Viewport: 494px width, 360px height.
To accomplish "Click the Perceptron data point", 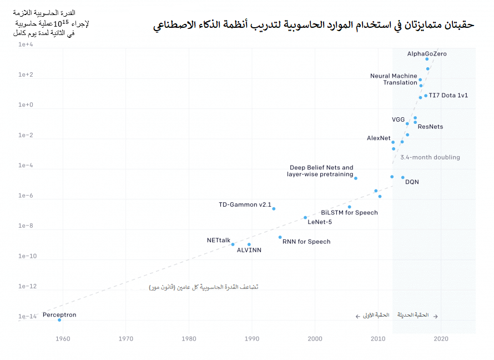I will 59,320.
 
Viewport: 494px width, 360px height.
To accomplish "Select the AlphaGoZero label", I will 427,54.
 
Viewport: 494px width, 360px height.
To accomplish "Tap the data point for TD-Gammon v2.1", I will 274,209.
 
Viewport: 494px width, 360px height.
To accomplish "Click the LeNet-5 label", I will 320,222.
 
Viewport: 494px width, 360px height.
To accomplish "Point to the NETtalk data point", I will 233,244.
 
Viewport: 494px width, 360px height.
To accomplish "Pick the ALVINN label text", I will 249,251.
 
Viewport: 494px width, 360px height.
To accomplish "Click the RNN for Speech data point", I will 280,237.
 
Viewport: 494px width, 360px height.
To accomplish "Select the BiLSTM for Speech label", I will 349,213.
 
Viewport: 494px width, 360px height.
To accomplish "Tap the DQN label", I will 412,182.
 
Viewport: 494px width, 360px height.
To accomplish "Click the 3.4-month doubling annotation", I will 430,157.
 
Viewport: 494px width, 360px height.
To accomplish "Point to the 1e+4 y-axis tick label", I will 26,44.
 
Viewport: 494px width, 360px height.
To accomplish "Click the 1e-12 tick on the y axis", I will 26,286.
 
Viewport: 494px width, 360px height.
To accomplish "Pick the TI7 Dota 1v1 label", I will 448,96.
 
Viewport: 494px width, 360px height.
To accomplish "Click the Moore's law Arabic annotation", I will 204,287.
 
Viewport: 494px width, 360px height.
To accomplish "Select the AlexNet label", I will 379,138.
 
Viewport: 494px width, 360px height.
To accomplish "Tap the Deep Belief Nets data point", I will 356,178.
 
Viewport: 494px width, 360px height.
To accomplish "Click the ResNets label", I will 430,127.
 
